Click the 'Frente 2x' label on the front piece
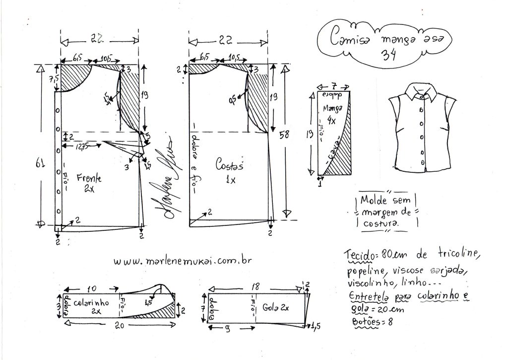pyautogui.click(x=89, y=182)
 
